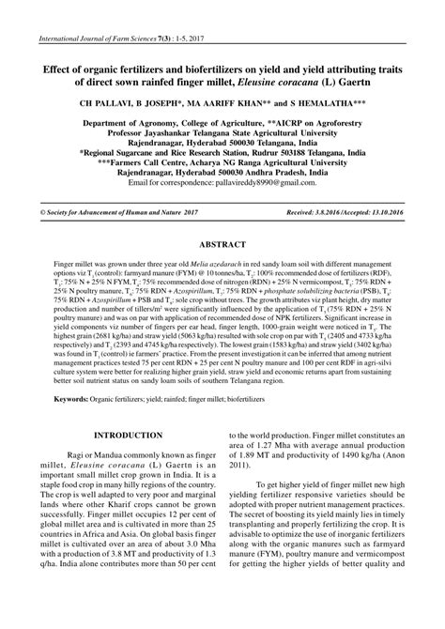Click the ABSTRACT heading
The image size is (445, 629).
(222, 248)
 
